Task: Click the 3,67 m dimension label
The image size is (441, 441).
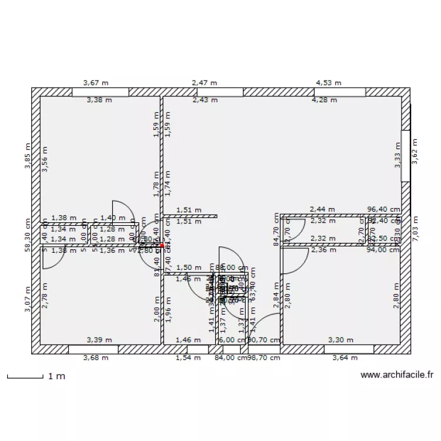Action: click(95, 83)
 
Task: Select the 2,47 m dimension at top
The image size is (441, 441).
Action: click(204, 83)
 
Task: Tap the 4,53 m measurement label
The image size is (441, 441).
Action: click(329, 83)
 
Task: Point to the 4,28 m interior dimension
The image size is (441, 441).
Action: click(324, 100)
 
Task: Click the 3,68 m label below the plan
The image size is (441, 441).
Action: click(96, 358)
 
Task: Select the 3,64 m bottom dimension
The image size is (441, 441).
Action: click(345, 358)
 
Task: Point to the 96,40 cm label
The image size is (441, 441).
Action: click(383, 209)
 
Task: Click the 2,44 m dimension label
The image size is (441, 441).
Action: click(322, 209)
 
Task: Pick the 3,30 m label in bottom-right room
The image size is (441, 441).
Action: click(340, 340)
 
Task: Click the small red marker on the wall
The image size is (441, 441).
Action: click(162, 246)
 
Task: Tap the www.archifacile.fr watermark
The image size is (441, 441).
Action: click(397, 375)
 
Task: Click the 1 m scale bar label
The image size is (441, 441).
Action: click(56, 375)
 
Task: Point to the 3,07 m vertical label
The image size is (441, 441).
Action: click(26, 299)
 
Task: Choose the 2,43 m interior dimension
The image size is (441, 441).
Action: click(205, 100)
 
